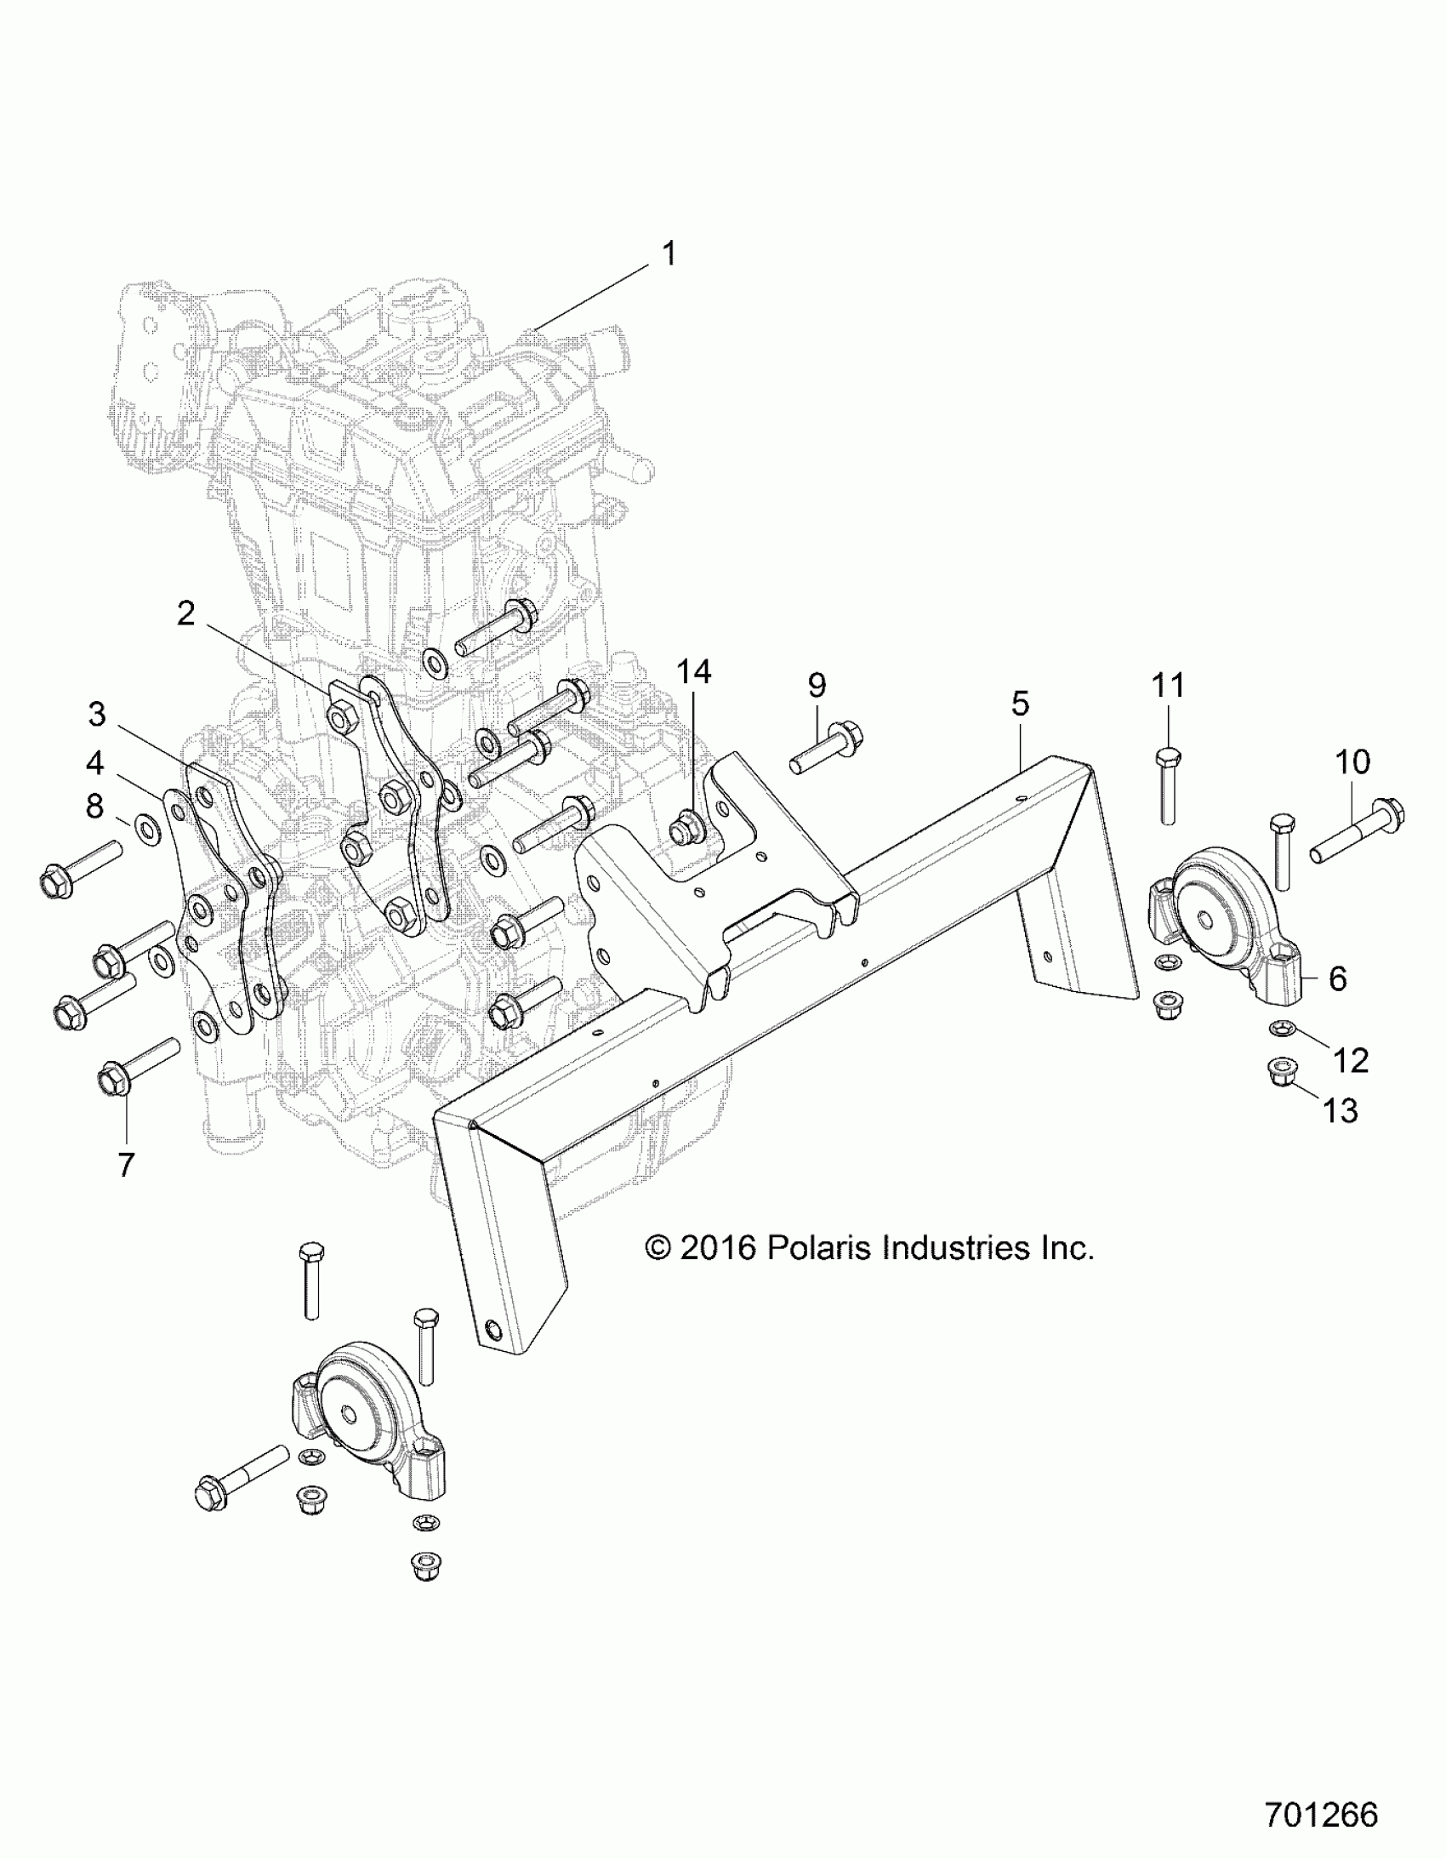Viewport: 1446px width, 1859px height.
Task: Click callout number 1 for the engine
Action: click(669, 254)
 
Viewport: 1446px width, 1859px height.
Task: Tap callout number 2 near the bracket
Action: click(185, 613)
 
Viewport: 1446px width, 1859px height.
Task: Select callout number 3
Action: click(97, 714)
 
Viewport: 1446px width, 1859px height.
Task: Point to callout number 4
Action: click(94, 762)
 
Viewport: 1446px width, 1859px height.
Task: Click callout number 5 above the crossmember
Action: click(1020, 703)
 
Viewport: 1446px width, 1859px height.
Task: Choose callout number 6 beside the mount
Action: click(1337, 979)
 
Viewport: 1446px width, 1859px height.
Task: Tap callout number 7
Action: click(126, 1165)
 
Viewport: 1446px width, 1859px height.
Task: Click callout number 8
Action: click(94, 805)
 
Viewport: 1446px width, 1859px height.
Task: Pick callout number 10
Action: click(1352, 761)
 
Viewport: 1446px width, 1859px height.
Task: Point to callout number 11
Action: click(1168, 685)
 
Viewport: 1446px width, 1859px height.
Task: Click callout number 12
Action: click(1350, 1060)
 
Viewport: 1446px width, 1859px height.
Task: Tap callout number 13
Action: click(1341, 1110)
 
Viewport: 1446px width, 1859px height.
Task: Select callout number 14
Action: click(693, 671)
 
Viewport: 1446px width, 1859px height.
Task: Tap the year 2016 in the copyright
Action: click(718, 1249)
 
